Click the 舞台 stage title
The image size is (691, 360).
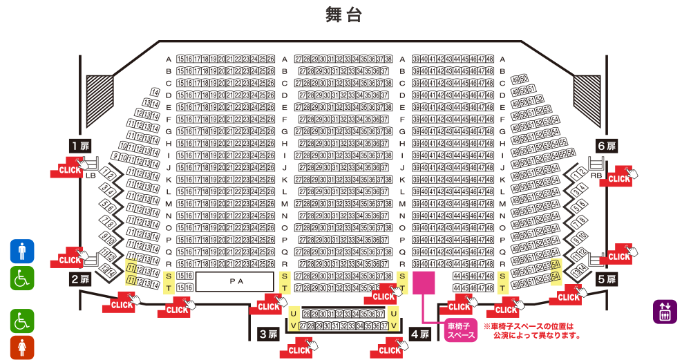pos(343,15)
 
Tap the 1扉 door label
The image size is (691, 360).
pos(80,146)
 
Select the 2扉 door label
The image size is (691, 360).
pos(80,279)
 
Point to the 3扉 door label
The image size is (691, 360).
pos(268,334)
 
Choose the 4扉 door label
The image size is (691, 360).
pos(420,334)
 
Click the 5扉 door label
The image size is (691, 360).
pos(606,279)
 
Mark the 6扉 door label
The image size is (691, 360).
pos(606,146)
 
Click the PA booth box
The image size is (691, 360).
pos(235,281)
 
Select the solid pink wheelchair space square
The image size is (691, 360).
pos(424,283)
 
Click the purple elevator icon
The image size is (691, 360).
pos(665,312)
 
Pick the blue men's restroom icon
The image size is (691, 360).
pos(22,251)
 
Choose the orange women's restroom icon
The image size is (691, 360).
pos(22,347)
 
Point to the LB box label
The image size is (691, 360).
pos(91,176)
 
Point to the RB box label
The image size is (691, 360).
pos(596,176)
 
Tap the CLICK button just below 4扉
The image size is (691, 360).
pos(390,350)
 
